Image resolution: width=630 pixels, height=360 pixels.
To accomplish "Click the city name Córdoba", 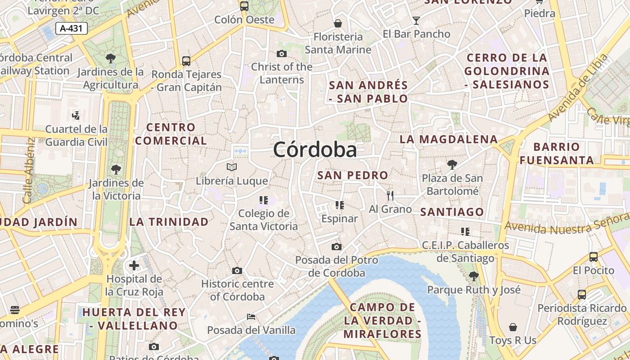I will (315, 149).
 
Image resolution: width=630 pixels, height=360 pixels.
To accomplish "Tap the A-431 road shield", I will (72, 28).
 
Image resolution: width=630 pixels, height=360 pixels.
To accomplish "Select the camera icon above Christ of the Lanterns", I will (282, 54).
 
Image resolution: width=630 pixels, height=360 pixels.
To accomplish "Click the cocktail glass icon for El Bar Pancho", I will (416, 21).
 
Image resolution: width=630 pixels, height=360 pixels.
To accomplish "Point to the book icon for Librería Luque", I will (232, 167).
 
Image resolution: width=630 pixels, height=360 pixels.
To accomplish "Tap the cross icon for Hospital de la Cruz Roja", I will (134, 265).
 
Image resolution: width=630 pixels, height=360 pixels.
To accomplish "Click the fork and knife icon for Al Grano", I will (390, 196).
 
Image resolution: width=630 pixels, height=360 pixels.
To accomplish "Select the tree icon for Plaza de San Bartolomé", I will (452, 165).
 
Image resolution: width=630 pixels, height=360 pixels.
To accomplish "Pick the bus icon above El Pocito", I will (594, 257).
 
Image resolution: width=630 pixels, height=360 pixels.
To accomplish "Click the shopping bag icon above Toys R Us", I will (513, 327).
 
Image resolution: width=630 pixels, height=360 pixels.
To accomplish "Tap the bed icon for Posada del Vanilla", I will (251, 317).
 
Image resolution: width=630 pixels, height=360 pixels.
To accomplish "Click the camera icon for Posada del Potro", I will (336, 247).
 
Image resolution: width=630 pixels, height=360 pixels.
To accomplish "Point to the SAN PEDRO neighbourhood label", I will (352, 175).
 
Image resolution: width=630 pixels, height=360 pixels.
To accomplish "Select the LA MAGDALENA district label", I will (449, 139).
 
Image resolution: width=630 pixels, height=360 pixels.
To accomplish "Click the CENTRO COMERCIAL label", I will (171, 134).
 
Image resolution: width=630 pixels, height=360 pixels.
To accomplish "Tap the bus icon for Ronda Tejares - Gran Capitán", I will (186, 61).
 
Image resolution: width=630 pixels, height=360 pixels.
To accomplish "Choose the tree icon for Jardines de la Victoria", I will (116, 170).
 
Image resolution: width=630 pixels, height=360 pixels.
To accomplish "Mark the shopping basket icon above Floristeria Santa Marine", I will (337, 23).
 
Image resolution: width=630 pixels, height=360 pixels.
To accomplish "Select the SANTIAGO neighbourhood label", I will (452, 212).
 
